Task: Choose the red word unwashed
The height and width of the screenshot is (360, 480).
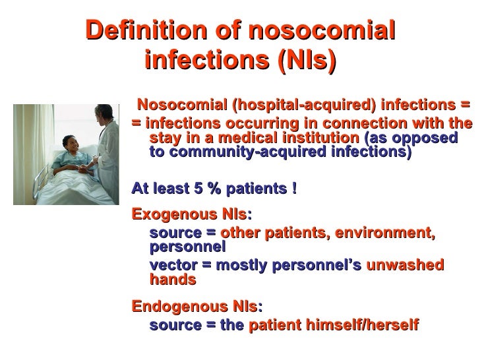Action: pyautogui.click(x=404, y=265)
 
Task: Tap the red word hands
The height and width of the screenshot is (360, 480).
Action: pyautogui.click(x=173, y=280)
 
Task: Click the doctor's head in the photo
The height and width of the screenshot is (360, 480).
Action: pyautogui.click(x=103, y=112)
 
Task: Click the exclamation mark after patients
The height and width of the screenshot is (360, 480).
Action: pyautogui.click(x=293, y=189)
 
